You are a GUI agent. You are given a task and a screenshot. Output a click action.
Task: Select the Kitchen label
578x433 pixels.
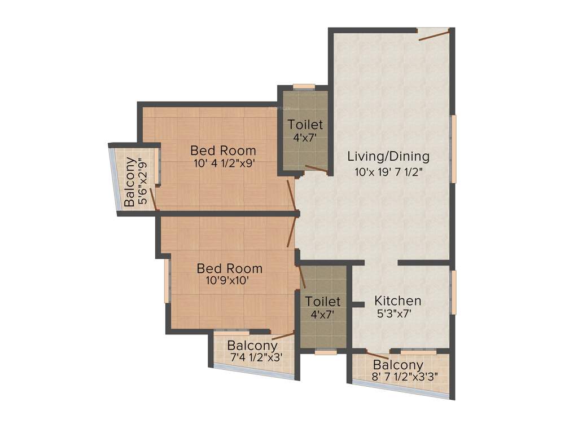pos(399,301)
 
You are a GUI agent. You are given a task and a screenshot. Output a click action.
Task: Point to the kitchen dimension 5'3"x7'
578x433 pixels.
pos(397,314)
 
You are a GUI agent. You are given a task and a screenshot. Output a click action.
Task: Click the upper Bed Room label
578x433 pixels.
pos(223,151)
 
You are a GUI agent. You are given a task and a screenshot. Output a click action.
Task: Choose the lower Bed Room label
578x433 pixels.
pos(229,268)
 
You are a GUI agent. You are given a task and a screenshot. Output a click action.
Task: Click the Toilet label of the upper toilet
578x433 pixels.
pos(305,125)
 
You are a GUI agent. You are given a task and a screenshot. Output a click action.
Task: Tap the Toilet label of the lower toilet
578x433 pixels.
pos(323,302)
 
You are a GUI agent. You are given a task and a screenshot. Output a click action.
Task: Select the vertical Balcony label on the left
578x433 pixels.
pos(129,182)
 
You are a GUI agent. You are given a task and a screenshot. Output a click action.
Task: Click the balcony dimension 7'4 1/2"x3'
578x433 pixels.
pos(256,357)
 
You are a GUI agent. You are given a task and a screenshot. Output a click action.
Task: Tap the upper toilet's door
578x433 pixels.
pos(316,169)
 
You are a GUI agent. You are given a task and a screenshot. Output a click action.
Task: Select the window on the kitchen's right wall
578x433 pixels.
pos(453,291)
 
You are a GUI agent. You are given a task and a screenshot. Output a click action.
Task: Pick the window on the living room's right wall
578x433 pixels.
pos(453,149)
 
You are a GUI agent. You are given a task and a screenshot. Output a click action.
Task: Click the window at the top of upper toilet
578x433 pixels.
pos(304,86)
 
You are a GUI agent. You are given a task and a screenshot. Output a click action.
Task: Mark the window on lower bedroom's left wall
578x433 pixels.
pos(166,280)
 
